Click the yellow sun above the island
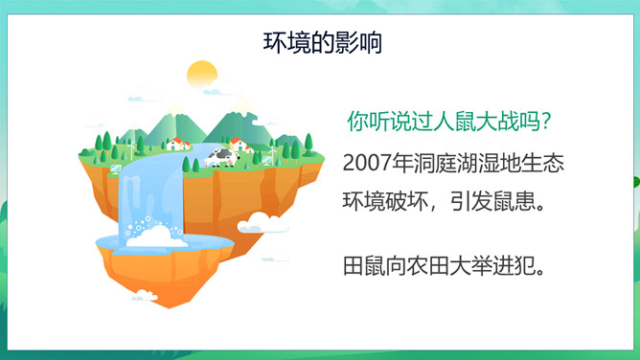202,75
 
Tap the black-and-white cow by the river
221,157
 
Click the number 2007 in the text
367,162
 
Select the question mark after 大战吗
546,121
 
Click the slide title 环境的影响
323,42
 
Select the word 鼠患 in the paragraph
514,201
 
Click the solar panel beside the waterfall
116,169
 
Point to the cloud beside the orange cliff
263,223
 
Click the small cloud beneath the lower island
145,295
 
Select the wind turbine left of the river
131,149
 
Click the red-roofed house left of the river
175,144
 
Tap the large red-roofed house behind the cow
239,144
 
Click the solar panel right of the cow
266,160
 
